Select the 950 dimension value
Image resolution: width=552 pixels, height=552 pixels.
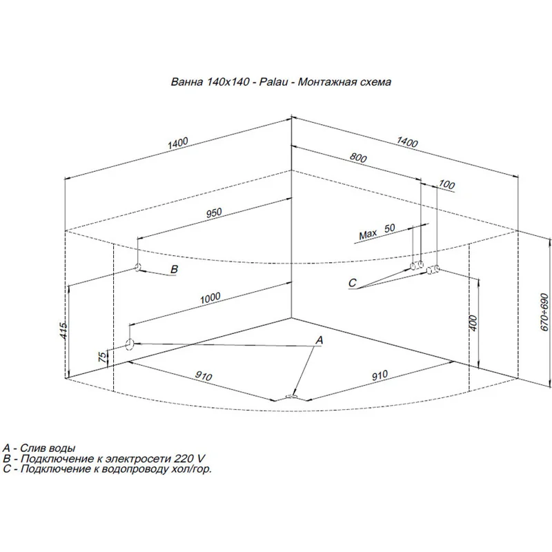(x=214, y=213)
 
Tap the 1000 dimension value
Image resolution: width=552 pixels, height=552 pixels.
(x=210, y=297)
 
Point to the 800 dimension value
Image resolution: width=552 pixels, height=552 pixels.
(x=357, y=157)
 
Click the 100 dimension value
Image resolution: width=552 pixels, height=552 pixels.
(x=446, y=185)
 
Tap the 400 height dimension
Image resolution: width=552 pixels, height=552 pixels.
(x=473, y=323)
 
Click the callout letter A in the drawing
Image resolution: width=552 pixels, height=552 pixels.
(x=319, y=340)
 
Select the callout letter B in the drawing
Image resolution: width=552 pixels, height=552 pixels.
(x=174, y=269)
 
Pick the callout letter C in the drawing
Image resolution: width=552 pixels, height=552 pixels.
(x=352, y=283)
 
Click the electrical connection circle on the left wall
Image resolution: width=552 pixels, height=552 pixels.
(x=138, y=267)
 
